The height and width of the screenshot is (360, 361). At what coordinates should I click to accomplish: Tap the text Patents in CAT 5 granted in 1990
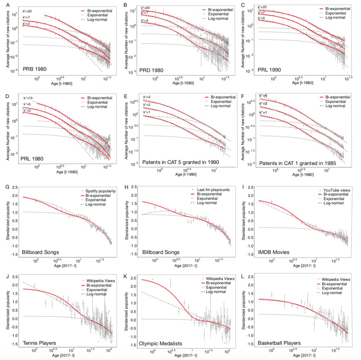[x=181, y=162]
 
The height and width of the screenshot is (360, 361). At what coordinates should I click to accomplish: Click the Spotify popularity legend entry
[x=101, y=191]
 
